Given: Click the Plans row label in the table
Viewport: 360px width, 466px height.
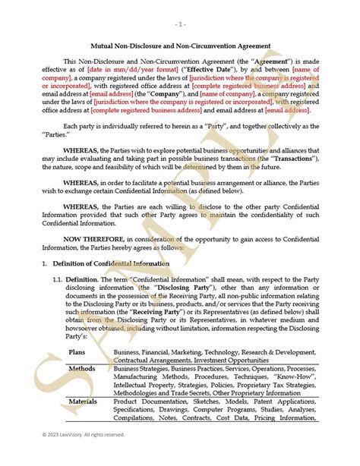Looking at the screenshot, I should pyautogui.click(x=77, y=352).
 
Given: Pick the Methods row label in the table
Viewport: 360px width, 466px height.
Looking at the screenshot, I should pyautogui.click(x=81, y=368).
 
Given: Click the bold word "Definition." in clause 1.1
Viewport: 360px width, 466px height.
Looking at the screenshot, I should pyautogui.click(x=92, y=280).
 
